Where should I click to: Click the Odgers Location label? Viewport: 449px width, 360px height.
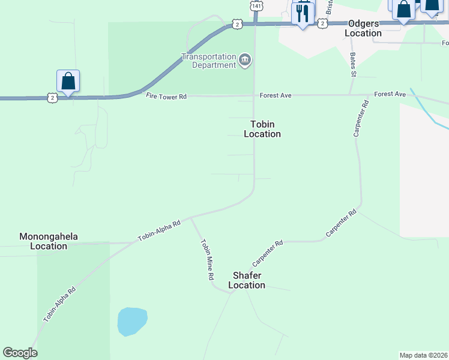click(364, 28)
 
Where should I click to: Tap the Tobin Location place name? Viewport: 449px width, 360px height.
click(262, 129)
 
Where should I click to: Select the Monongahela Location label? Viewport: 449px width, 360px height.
click(49, 241)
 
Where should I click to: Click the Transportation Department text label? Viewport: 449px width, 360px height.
click(209, 61)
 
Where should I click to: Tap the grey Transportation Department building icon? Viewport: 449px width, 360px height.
click(245, 60)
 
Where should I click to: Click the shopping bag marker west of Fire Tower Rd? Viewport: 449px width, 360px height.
click(68, 81)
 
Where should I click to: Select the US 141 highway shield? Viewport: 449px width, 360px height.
click(256, 5)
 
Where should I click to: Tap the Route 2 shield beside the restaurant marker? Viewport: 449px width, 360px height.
click(323, 23)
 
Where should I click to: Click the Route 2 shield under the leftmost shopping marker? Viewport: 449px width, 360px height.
click(53, 97)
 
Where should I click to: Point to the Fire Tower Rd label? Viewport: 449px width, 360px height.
click(166, 95)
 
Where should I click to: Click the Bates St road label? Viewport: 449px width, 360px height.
click(353, 65)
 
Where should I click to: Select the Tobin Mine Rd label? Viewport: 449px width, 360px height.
click(207, 260)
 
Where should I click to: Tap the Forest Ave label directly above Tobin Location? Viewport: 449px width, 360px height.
click(275, 95)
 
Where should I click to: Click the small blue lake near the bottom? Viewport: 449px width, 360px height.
click(132, 321)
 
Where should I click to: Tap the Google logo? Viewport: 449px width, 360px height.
click(20, 353)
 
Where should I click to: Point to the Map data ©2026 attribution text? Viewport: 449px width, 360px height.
click(424, 355)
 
